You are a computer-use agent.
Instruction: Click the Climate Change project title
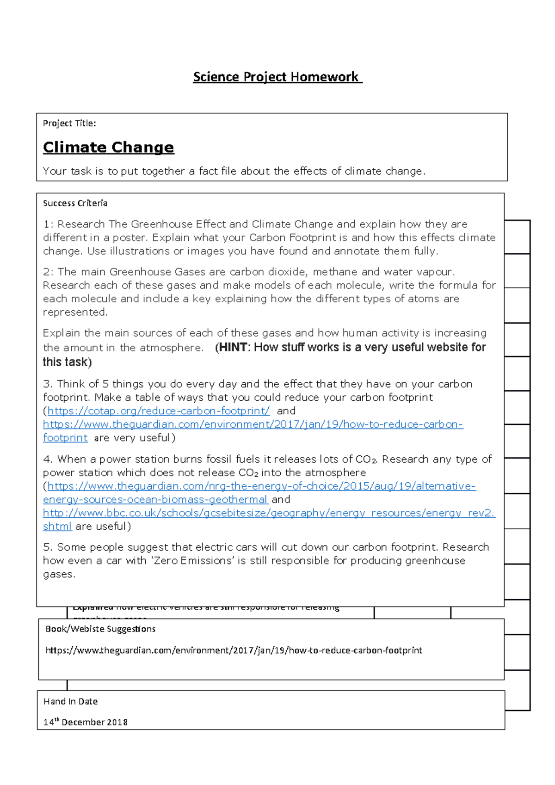(108, 147)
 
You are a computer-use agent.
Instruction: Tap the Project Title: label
(69, 123)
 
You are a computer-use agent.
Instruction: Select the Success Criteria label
(75, 203)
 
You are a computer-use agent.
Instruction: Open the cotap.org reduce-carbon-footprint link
(158, 411)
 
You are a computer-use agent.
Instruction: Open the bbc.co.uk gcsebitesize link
(268, 513)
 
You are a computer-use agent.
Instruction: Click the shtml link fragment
(57, 526)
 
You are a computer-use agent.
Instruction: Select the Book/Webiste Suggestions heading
(100, 629)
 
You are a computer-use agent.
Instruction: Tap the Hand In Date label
(70, 701)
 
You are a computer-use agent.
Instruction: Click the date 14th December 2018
(85, 722)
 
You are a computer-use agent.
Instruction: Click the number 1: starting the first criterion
(48, 224)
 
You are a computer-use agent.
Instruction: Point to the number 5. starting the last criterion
(48, 547)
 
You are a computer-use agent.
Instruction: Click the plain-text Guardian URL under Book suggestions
(234, 650)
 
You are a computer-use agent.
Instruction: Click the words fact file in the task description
(217, 171)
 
